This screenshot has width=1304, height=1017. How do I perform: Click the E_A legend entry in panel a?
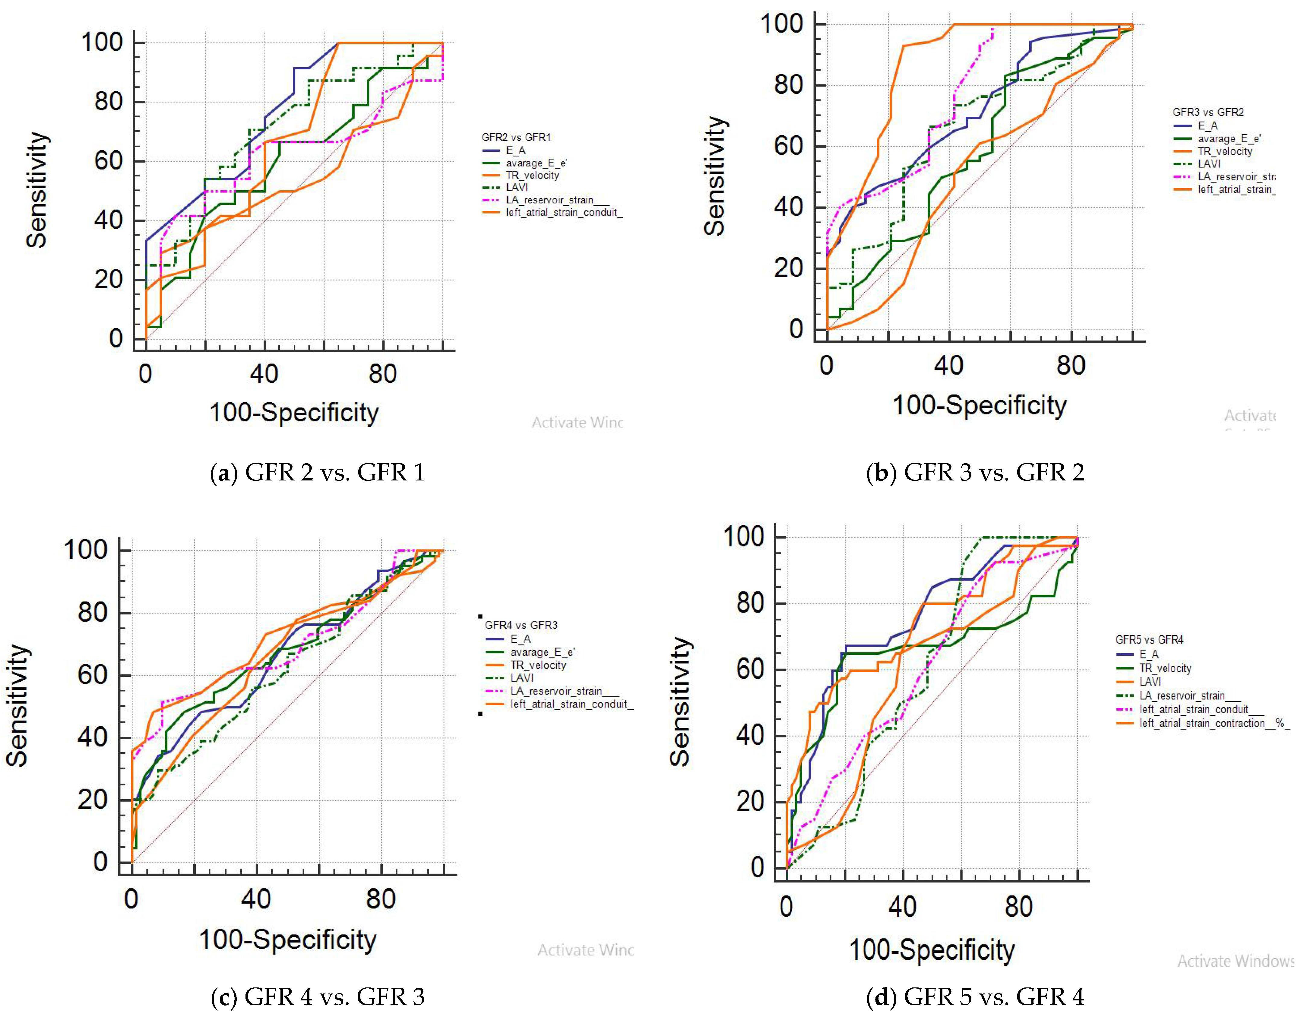coord(515,150)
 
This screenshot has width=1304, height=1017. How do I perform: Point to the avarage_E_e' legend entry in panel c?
coord(542,652)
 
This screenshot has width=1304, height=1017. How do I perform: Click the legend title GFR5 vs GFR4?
coord(1149,640)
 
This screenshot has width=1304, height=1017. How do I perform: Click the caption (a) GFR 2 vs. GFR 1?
coord(318,472)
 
